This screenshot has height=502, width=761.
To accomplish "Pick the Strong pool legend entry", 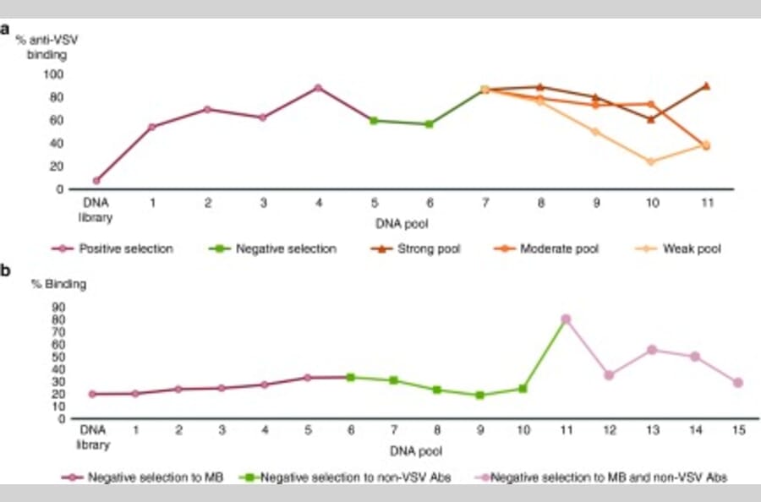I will click(x=427, y=249).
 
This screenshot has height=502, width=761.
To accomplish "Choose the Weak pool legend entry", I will click(x=685, y=249).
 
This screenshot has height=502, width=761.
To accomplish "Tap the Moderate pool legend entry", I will click(x=556, y=249).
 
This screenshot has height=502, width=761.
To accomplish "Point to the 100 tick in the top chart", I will click(x=55, y=74).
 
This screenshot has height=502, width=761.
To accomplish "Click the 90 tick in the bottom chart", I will click(x=60, y=308).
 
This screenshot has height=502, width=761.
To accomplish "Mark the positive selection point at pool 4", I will click(x=318, y=87).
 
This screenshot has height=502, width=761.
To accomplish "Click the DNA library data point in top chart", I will click(x=96, y=180).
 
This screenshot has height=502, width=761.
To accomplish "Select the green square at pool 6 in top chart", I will click(x=429, y=124).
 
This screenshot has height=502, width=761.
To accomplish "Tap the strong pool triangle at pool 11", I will click(x=706, y=85).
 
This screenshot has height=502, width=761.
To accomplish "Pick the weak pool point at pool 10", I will click(x=650, y=161).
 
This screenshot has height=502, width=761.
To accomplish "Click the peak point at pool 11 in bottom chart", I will click(x=566, y=319).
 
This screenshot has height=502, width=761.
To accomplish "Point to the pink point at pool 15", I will click(x=738, y=383).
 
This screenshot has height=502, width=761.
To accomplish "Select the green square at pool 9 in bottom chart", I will click(x=479, y=395).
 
